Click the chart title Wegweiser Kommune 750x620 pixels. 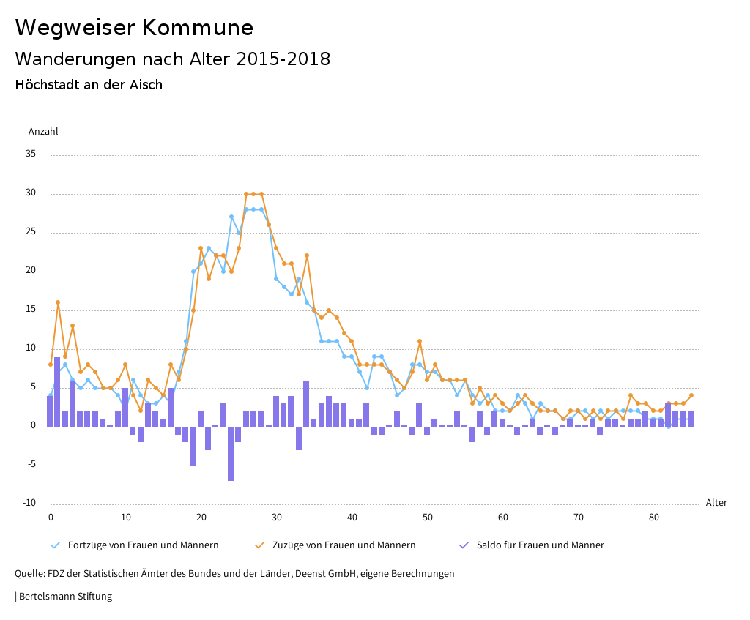click(134, 28)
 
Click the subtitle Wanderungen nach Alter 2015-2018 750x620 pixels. click(173, 59)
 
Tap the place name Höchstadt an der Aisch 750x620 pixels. click(89, 85)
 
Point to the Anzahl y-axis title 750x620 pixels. click(43, 132)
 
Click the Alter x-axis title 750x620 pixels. click(716, 503)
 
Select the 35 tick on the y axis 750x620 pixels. click(31, 154)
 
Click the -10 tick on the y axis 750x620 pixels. click(29, 503)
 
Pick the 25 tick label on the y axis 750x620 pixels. click(31, 232)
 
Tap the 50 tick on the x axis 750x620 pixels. click(428, 518)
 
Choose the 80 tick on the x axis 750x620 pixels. click(653, 518)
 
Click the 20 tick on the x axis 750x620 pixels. click(201, 518)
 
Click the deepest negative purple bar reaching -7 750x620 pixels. click(231, 453)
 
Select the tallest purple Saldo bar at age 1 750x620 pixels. click(57, 392)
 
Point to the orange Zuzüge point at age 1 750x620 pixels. click(58, 302)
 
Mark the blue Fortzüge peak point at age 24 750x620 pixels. click(231, 217)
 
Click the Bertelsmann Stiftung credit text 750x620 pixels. click(64, 597)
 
